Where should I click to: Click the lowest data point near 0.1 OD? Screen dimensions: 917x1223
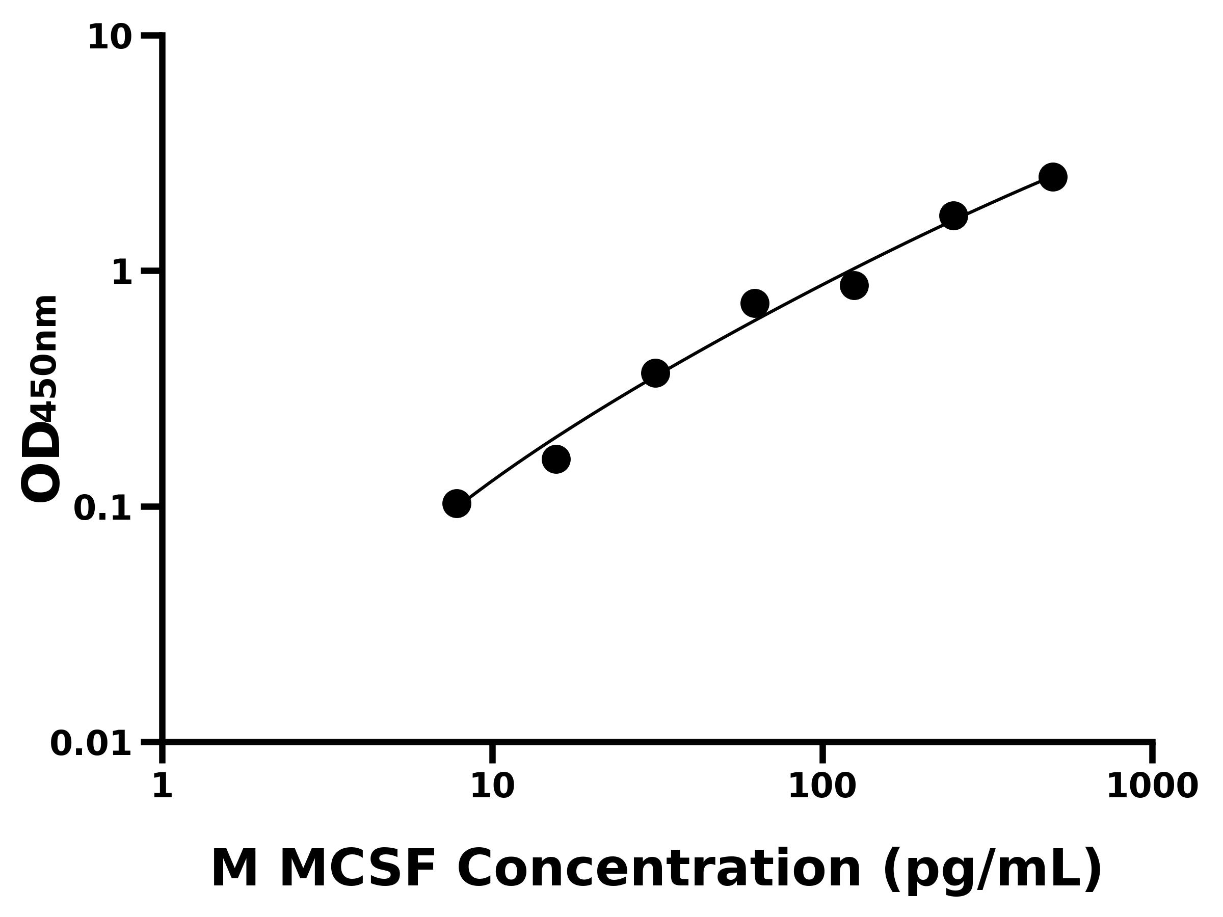(x=457, y=503)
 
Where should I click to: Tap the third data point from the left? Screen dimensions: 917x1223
(x=655, y=373)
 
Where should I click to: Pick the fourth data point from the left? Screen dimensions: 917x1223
(x=755, y=303)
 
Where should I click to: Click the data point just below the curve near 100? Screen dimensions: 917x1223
(x=854, y=285)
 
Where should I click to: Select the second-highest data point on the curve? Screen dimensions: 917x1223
(x=954, y=215)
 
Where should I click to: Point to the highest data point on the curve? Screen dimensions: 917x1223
(x=1053, y=177)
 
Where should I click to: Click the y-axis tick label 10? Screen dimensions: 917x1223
(x=110, y=38)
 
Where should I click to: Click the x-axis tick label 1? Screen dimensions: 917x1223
(x=163, y=786)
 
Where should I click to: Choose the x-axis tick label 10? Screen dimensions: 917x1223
(x=492, y=786)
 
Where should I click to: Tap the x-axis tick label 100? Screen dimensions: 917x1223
(x=822, y=786)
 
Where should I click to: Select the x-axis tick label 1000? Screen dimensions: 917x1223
(x=1152, y=786)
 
